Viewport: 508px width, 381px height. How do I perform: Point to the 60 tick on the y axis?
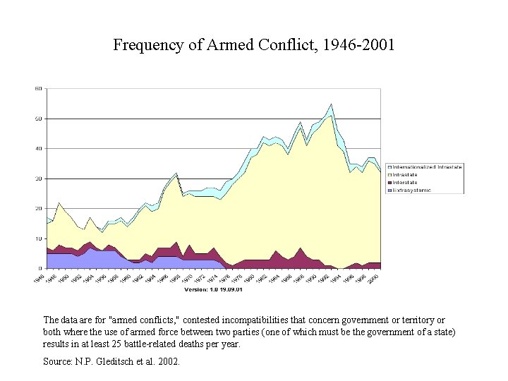click(x=39, y=88)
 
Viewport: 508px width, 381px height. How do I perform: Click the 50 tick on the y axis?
click(x=39, y=119)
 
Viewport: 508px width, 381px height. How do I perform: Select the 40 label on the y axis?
click(x=39, y=148)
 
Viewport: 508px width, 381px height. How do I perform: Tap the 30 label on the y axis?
click(x=39, y=179)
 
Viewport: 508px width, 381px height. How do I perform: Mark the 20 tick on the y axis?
click(x=39, y=208)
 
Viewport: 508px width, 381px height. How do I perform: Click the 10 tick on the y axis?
click(x=39, y=238)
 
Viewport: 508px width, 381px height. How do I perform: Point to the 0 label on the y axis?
click(x=40, y=268)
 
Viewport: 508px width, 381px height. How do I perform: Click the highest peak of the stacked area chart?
click(x=331, y=104)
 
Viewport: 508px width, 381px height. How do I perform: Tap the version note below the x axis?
click(x=213, y=289)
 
